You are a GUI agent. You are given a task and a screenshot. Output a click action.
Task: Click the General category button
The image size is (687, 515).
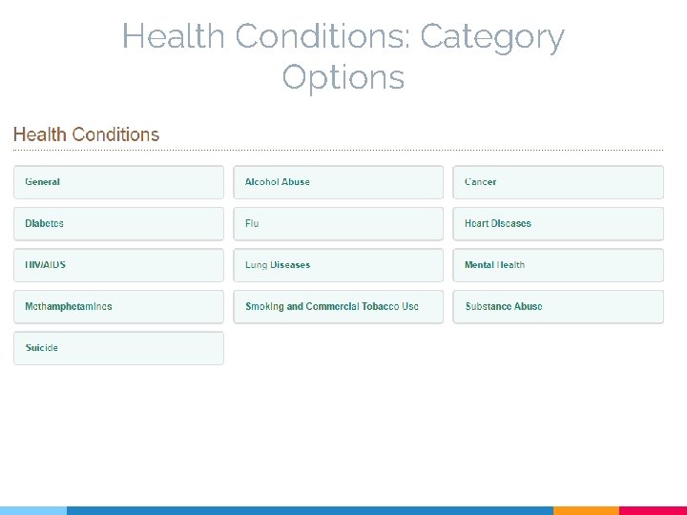coord(118,182)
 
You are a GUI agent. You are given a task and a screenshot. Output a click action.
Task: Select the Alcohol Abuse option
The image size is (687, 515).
coord(338,182)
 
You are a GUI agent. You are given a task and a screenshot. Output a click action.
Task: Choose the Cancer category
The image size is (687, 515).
coord(557,182)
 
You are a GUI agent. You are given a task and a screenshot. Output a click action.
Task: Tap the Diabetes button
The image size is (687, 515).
coord(118,223)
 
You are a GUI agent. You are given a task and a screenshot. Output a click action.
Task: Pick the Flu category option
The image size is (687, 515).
coord(338,223)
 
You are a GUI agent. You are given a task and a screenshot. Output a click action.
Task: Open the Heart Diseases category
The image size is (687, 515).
coord(557,223)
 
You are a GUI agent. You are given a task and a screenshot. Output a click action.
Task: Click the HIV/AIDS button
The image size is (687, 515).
coord(118,265)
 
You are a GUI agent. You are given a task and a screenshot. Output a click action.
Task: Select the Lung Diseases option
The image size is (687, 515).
coord(338,265)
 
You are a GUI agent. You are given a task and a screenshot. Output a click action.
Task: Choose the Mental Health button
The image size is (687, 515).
coord(557,265)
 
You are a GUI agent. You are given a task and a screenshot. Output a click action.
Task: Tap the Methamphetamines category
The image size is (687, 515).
coord(118,306)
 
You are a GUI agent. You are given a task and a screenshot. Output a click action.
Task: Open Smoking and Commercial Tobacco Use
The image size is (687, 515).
coord(338,306)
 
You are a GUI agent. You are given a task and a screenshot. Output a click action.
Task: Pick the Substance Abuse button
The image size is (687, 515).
coord(557,306)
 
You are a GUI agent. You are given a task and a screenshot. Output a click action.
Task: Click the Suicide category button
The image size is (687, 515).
coord(118,348)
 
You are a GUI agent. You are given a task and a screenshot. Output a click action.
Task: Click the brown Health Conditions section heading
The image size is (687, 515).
coord(86,134)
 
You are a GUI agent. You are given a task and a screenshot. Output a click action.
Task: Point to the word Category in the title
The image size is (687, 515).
coord(491,38)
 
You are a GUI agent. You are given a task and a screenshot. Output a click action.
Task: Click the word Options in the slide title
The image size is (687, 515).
coord(343,77)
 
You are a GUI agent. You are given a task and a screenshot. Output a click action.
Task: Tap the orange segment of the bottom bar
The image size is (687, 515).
coord(586,510)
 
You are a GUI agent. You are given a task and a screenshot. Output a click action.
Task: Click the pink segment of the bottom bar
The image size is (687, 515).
coord(653,510)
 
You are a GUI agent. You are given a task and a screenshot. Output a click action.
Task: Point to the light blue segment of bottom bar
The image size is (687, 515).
coord(33,510)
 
